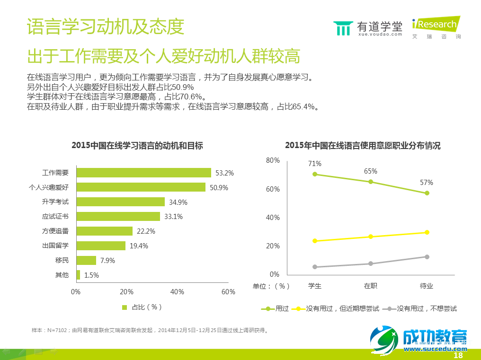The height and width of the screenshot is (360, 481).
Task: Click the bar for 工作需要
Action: coord(143,173)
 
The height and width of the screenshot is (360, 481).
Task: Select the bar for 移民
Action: coord(86,260)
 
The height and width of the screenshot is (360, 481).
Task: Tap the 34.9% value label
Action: coord(178,202)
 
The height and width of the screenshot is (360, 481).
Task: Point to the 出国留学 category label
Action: coord(55,246)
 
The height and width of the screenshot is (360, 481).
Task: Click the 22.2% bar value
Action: coord(146,231)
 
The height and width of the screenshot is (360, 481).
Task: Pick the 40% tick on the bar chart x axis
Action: coord(177,292)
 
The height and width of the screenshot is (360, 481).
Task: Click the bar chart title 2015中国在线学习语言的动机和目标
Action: coord(137,146)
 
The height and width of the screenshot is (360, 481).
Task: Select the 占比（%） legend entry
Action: coord(142,307)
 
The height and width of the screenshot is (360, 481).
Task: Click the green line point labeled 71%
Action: coord(315,174)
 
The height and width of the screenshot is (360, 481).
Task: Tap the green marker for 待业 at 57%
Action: coord(427,193)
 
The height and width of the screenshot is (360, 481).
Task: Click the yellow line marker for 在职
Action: coord(371,237)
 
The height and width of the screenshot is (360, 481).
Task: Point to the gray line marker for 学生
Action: coord(315,267)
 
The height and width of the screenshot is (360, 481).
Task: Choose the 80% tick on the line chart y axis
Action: coord(273,160)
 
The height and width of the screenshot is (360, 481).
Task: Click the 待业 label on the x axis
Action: coord(427,286)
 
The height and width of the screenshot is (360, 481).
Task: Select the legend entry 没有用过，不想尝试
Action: coord(421,308)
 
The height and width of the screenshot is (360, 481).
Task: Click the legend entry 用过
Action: coord(275,308)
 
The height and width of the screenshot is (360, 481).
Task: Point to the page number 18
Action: coord(458,355)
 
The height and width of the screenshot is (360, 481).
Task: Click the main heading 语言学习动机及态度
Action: coord(105,27)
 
